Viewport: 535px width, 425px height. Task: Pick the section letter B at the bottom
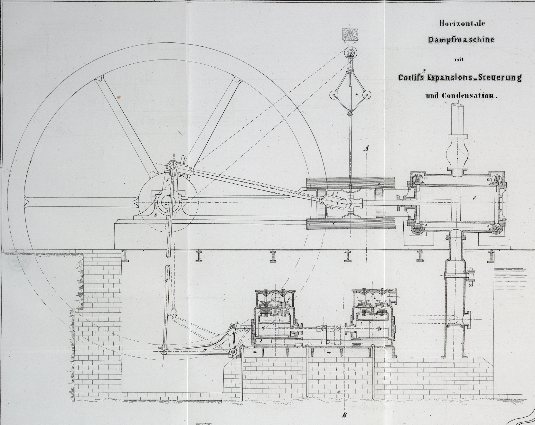pos(344,415)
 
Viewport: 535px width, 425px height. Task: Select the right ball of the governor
pos(366,95)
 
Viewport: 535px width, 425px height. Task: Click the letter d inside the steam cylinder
pos(474,198)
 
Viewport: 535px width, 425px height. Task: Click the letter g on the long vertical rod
pos(166,280)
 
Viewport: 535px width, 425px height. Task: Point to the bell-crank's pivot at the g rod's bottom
pos(164,352)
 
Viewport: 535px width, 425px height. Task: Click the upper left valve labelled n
pos(418,178)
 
